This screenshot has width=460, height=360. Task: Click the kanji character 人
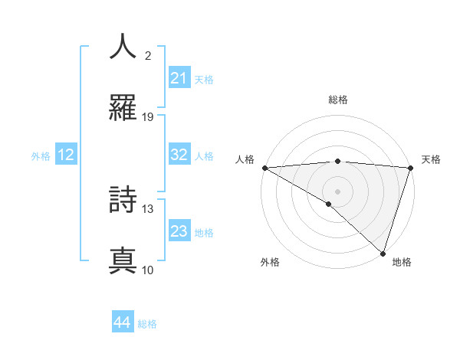point(123,47)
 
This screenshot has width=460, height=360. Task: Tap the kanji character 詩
point(123,200)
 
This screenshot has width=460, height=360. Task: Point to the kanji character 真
point(123,261)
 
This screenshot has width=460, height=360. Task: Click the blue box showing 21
point(179,78)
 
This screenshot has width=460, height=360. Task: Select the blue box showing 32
point(179,155)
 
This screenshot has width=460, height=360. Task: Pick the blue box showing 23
point(179,231)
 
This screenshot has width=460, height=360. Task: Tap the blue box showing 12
point(66,155)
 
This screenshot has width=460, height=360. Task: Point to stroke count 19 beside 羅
point(148,117)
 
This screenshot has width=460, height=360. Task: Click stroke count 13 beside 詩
point(148,208)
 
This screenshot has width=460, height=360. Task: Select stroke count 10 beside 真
point(148,270)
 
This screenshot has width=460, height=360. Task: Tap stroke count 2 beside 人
point(148,55)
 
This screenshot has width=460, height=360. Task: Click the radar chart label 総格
point(338,100)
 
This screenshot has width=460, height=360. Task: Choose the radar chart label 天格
point(432,159)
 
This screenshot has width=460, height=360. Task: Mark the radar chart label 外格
point(270,262)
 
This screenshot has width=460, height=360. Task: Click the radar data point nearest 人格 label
point(264,168)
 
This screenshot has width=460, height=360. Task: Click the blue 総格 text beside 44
point(148,323)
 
